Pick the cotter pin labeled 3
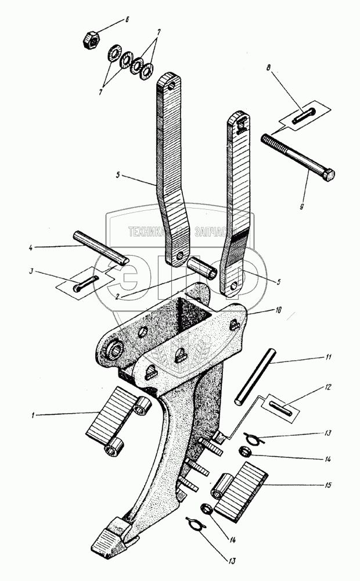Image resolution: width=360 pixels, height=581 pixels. coord(85,284)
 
